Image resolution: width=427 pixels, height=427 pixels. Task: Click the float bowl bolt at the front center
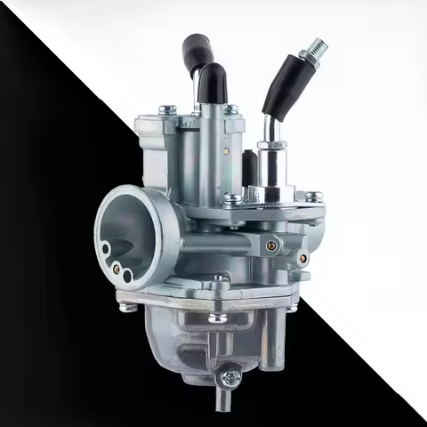(x=217, y=315)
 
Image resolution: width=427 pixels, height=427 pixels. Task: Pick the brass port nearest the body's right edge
(x=303, y=258)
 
